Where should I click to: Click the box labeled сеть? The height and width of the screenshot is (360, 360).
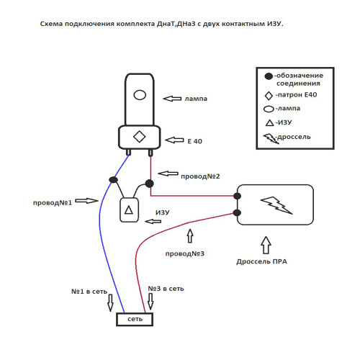point(135,319)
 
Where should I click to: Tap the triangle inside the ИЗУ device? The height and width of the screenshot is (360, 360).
point(129,210)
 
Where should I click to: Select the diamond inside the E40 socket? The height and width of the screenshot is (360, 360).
point(140,137)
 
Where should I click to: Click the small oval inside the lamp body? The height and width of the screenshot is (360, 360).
point(140,95)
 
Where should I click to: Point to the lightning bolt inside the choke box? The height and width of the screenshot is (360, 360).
point(276,205)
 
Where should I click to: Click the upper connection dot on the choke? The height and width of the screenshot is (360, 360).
point(238,196)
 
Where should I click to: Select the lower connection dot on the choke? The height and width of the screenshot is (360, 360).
point(237,212)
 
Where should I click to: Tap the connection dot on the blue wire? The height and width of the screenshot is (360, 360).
point(113,179)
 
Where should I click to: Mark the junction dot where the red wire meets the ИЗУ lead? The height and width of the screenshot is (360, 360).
point(149,184)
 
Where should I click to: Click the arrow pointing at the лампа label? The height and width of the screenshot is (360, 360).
point(172,99)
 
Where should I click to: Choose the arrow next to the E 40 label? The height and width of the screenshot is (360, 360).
point(174,140)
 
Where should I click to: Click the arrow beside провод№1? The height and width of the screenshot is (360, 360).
point(86,201)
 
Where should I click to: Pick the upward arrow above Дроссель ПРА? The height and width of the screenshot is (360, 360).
point(266,245)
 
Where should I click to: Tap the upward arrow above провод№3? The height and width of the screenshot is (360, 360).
point(190,235)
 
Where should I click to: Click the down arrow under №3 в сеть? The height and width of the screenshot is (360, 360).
point(150,302)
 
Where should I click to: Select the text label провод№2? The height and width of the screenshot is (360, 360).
point(200,176)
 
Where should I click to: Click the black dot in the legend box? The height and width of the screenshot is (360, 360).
point(269,76)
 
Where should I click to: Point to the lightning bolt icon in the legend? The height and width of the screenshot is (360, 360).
point(271,139)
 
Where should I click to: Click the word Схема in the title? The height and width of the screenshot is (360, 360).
point(51,24)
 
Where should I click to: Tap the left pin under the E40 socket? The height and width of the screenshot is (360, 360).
point(129,152)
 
